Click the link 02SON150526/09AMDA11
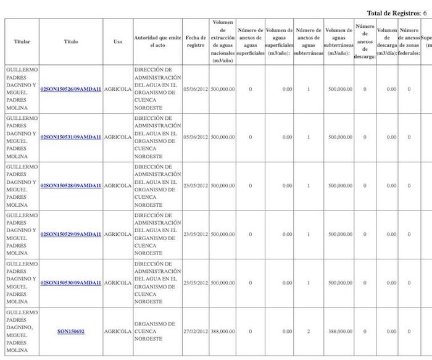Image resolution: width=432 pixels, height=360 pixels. pos(70,89)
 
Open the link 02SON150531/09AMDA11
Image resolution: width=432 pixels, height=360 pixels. pos(70,137)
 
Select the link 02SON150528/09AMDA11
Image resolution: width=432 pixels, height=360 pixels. pos(70,185)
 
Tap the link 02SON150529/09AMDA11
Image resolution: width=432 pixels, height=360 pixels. pos(70,234)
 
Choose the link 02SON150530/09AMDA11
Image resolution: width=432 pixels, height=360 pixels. pos(70,283)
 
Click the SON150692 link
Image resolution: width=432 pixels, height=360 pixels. pos(70,332)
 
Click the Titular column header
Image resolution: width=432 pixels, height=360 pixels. pos(22,41)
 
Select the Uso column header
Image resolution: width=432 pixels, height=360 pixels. pos(117,41)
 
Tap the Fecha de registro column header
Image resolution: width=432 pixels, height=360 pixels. pos(196,41)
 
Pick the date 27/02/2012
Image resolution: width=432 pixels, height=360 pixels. pos(196,332)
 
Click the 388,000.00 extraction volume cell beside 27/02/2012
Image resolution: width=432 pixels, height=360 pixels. pos(223,332)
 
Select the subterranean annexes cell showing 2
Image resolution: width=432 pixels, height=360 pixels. pos(308,332)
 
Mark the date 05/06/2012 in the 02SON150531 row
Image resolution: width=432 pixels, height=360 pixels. pos(196,137)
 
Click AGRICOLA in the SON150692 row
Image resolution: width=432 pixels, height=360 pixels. pos(117,332)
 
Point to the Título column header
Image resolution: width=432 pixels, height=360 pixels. pos(70,41)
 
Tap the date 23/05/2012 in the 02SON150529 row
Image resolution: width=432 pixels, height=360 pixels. pos(196,234)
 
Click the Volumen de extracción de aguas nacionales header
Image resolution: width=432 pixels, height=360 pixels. pos(223,41)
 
